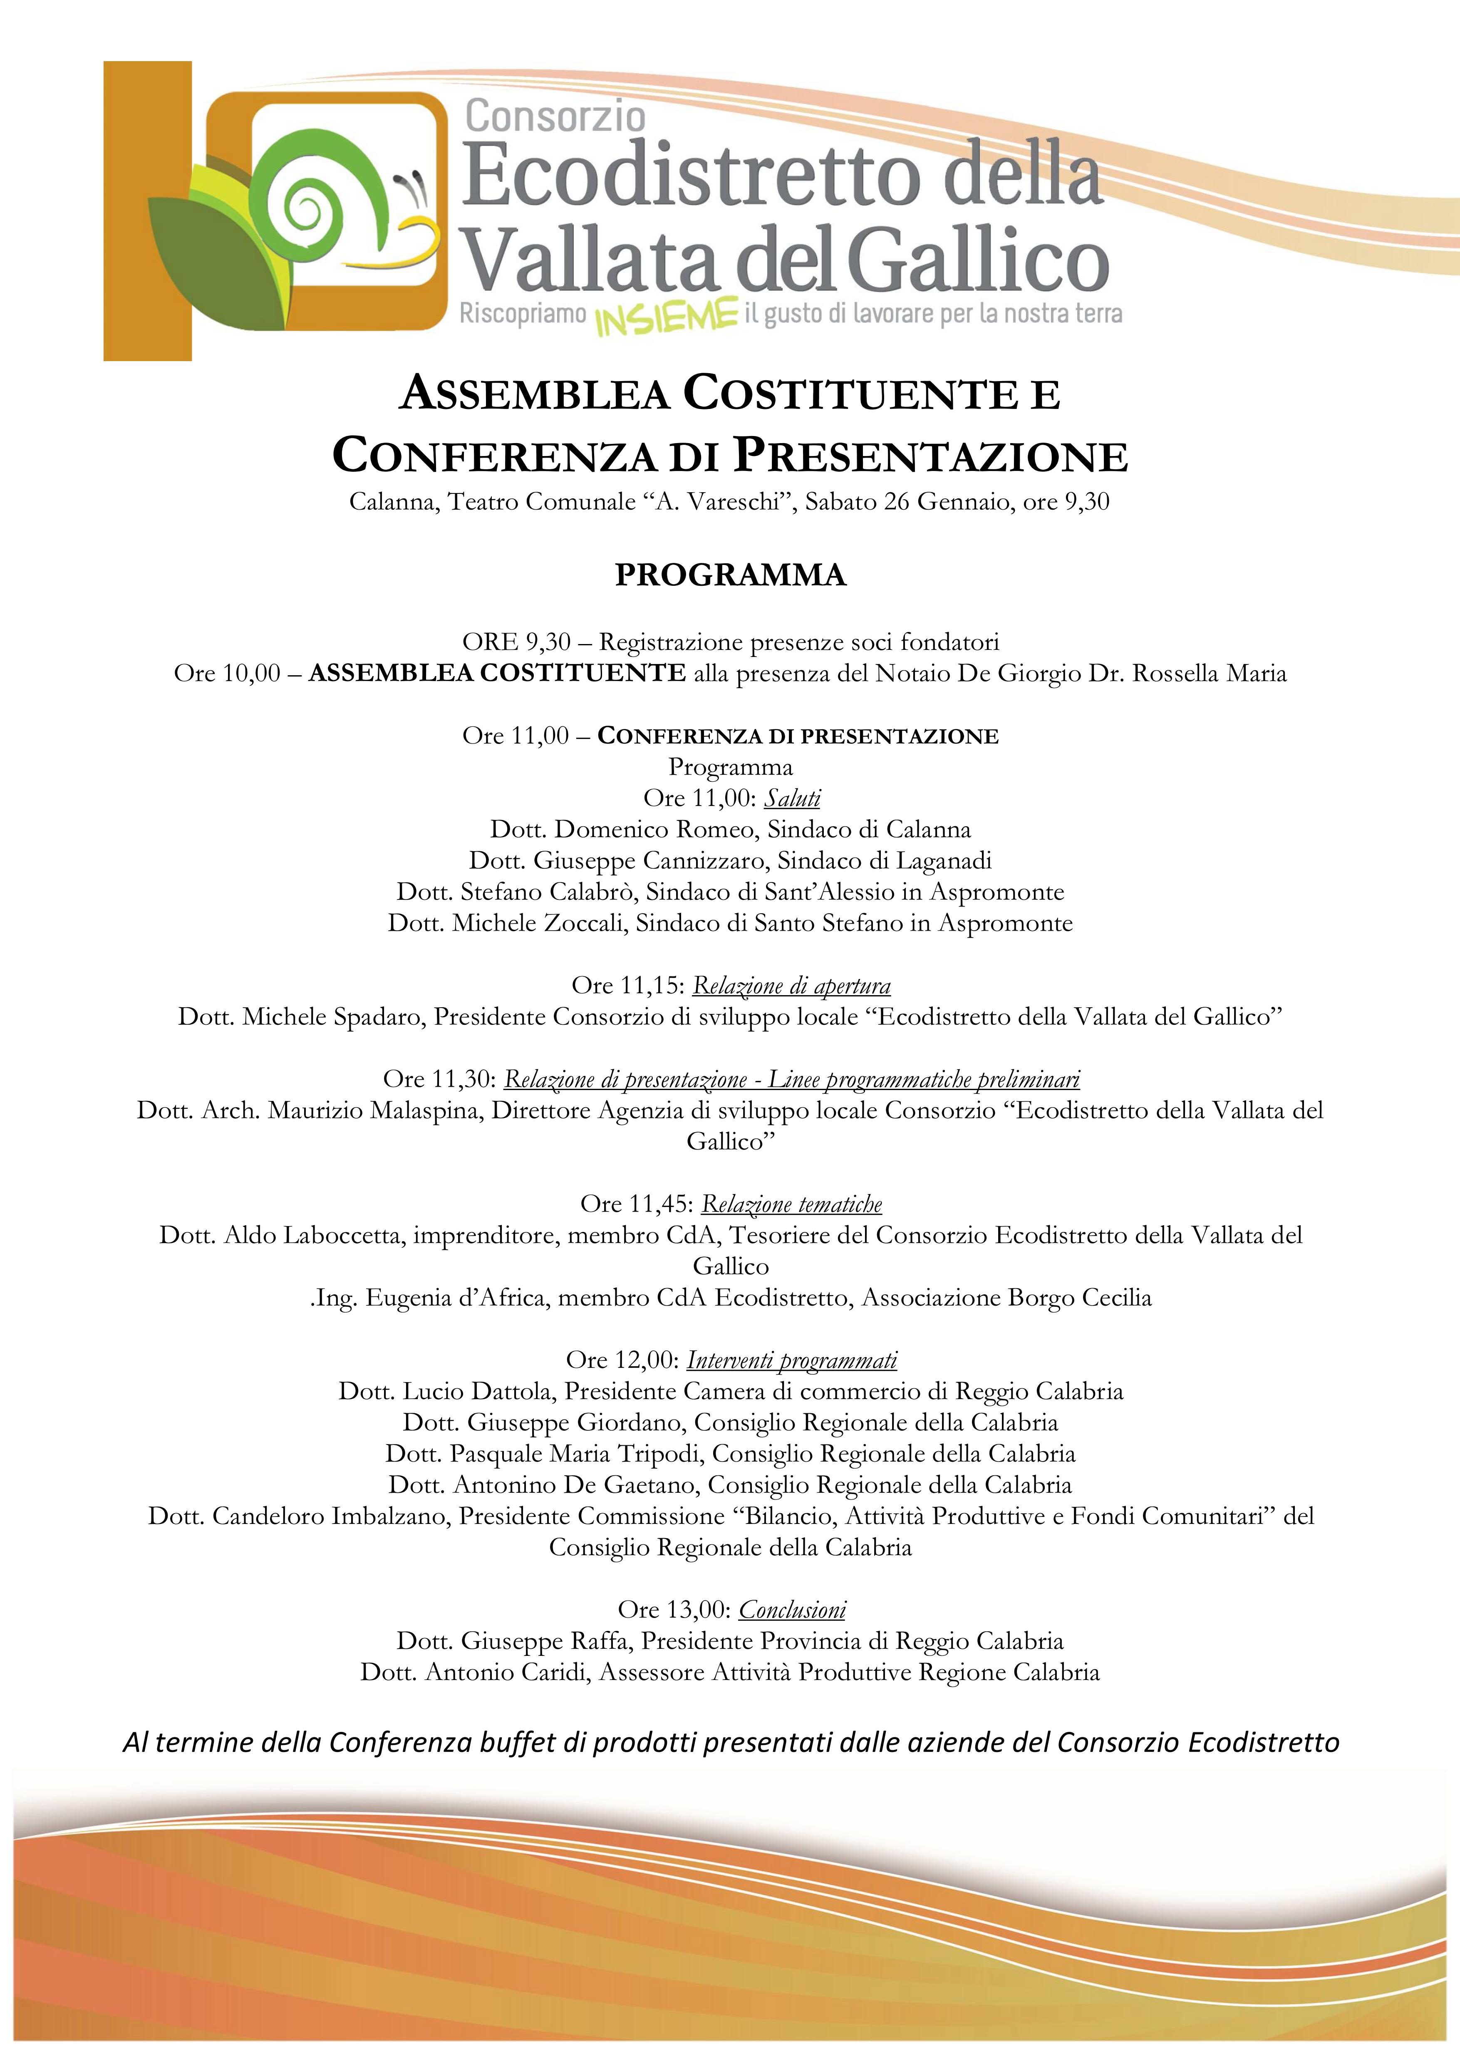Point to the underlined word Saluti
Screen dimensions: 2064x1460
(792, 798)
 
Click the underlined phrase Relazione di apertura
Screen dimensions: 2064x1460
(791, 986)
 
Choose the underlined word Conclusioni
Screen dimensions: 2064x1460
(792, 1610)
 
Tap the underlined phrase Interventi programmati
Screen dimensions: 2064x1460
(792, 1360)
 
